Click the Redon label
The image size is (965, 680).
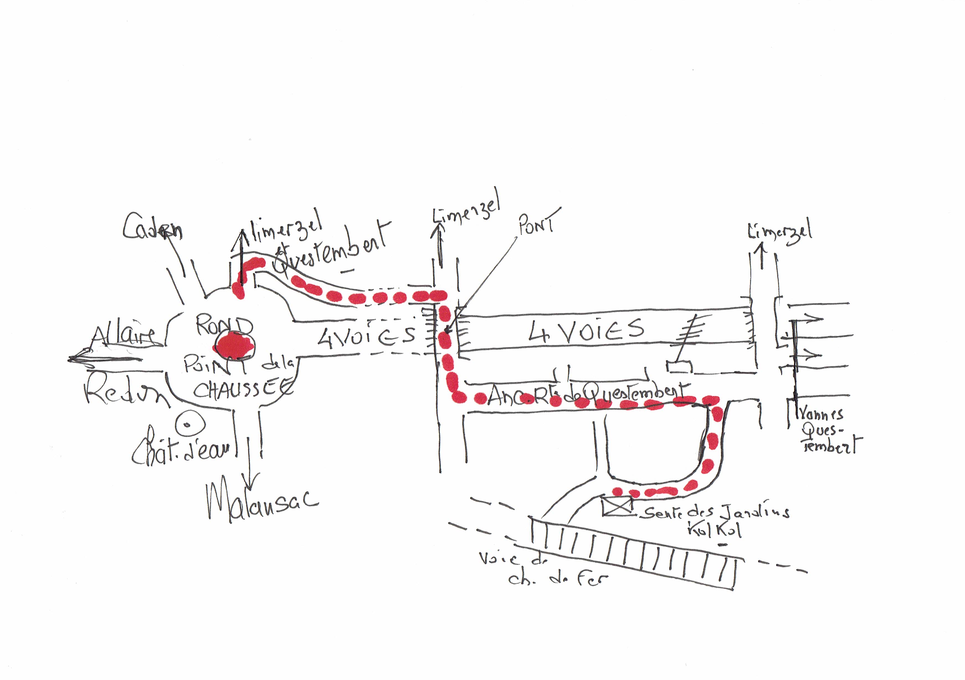126,393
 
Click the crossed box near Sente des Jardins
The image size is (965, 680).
617,506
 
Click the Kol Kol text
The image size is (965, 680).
715,530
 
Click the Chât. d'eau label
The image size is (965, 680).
181,453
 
